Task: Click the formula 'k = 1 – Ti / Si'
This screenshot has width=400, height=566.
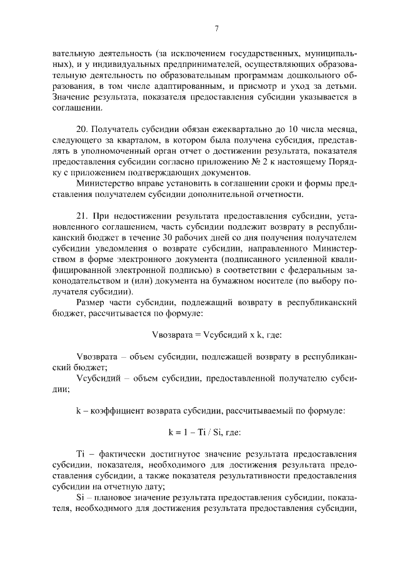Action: pyautogui.click(x=204, y=432)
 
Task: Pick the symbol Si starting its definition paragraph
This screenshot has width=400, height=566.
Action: pyautogui.click(x=80, y=498)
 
